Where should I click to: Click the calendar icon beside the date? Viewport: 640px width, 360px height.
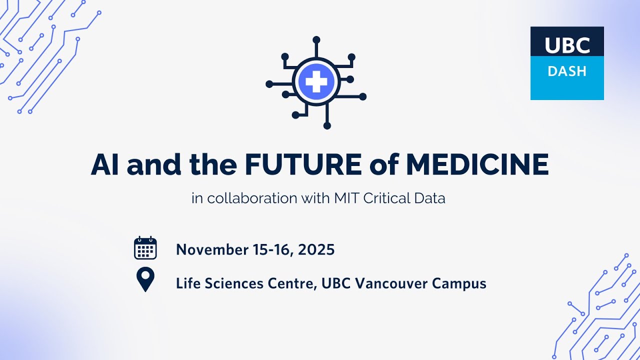tap(145, 248)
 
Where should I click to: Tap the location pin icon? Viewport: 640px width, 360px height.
tap(145, 279)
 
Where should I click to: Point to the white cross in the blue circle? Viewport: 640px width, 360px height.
tap(316, 81)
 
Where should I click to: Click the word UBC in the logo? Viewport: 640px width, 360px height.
tap(567, 45)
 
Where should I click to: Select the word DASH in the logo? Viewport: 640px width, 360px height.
tap(567, 71)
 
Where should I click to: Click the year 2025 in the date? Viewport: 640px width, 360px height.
tap(316, 249)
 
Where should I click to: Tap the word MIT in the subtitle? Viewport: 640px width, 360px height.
tap(346, 198)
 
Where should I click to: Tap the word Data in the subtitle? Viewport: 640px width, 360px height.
tap(429, 198)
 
